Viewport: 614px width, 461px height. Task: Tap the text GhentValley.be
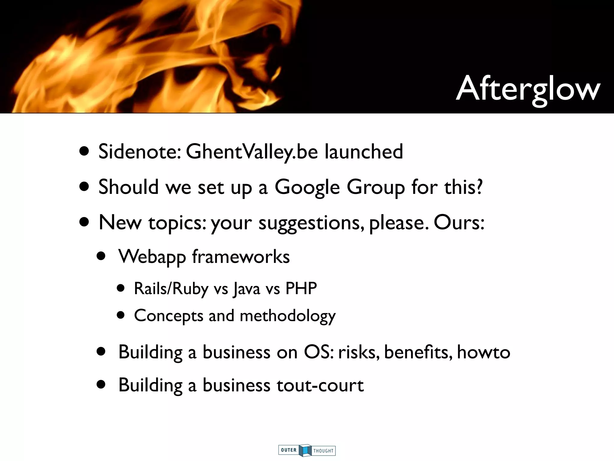pyautogui.click(x=252, y=152)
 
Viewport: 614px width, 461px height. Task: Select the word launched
pyautogui.click(x=364, y=152)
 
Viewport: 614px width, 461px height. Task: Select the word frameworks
pyautogui.click(x=241, y=257)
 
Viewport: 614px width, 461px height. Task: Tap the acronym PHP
pyautogui.click(x=301, y=288)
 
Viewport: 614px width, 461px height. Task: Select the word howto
pyautogui.click(x=483, y=352)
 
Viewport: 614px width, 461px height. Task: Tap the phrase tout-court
pyautogui.click(x=320, y=385)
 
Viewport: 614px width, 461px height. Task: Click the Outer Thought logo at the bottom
pyautogui.click(x=307, y=450)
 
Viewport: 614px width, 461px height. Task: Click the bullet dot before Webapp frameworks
pyautogui.click(x=101, y=257)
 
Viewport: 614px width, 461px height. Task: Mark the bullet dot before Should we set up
pyautogui.click(x=84, y=187)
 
